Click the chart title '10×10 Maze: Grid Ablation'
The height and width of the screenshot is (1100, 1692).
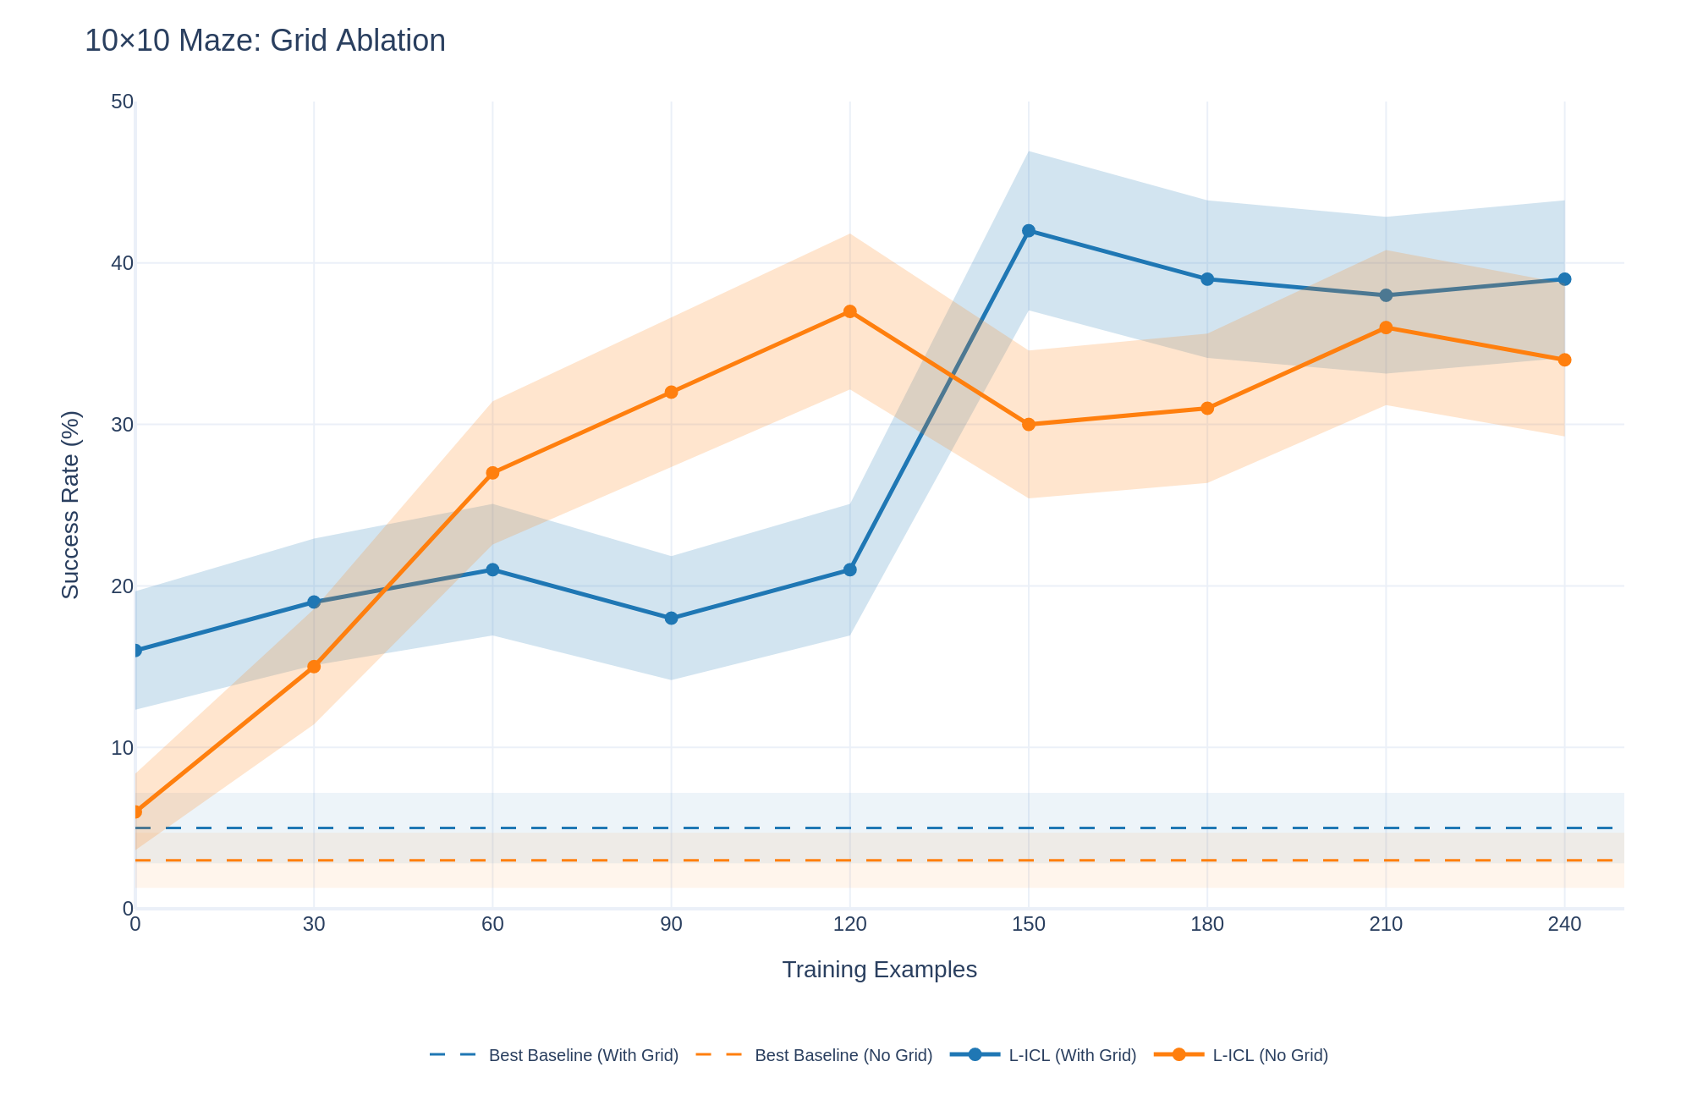265,41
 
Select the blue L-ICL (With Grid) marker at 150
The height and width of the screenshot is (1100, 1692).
1029,231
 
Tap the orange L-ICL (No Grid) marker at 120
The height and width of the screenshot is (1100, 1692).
850,311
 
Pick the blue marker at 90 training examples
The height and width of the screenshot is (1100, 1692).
672,619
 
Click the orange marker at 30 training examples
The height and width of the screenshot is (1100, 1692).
314,667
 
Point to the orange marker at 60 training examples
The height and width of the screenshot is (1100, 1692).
492,473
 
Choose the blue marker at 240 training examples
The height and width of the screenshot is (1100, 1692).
1564,279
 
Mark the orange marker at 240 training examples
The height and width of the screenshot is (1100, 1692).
1564,360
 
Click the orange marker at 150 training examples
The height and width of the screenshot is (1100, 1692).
1029,425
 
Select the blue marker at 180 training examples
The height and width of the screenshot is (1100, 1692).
1207,279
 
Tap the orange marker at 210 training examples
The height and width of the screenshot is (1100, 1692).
1386,327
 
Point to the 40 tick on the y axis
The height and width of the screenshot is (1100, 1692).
123,263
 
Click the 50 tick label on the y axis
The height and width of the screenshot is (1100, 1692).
123,102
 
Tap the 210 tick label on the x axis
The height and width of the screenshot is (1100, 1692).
1386,925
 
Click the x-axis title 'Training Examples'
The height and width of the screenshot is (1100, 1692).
879,970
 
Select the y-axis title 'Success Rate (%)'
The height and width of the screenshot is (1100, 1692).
71,504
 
